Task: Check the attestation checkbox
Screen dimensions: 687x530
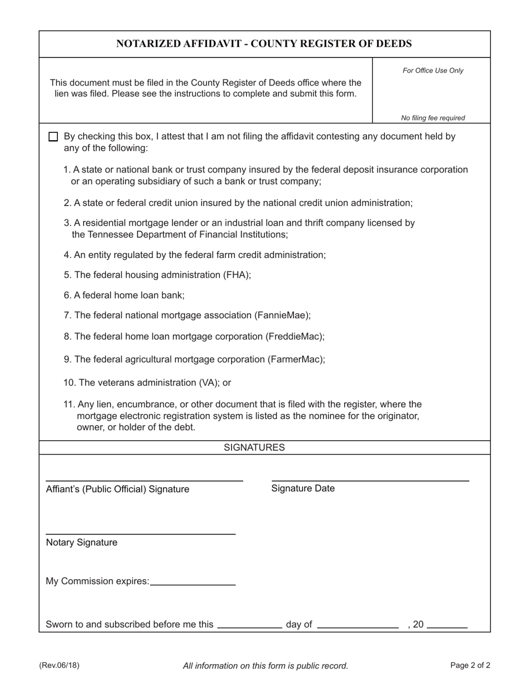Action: click(53, 137)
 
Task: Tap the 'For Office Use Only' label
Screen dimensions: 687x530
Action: click(433, 70)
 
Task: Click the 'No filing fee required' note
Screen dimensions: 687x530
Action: click(433, 118)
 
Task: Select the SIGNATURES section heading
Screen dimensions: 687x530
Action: click(254, 447)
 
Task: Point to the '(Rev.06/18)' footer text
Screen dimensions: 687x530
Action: click(59, 665)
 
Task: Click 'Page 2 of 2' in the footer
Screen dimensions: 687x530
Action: click(470, 665)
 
